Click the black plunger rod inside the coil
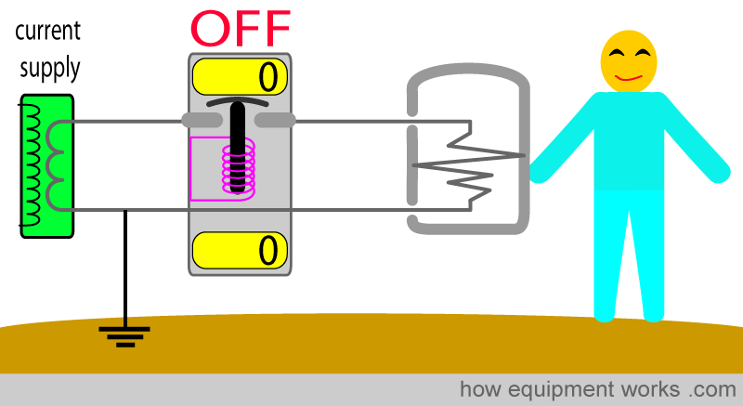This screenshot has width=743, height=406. [x=239, y=149]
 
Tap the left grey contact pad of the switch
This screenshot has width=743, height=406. [x=201, y=120]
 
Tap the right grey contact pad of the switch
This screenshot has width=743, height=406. [x=275, y=120]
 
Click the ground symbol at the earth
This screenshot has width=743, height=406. [x=125, y=334]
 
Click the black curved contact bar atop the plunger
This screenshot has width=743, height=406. [x=239, y=102]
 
